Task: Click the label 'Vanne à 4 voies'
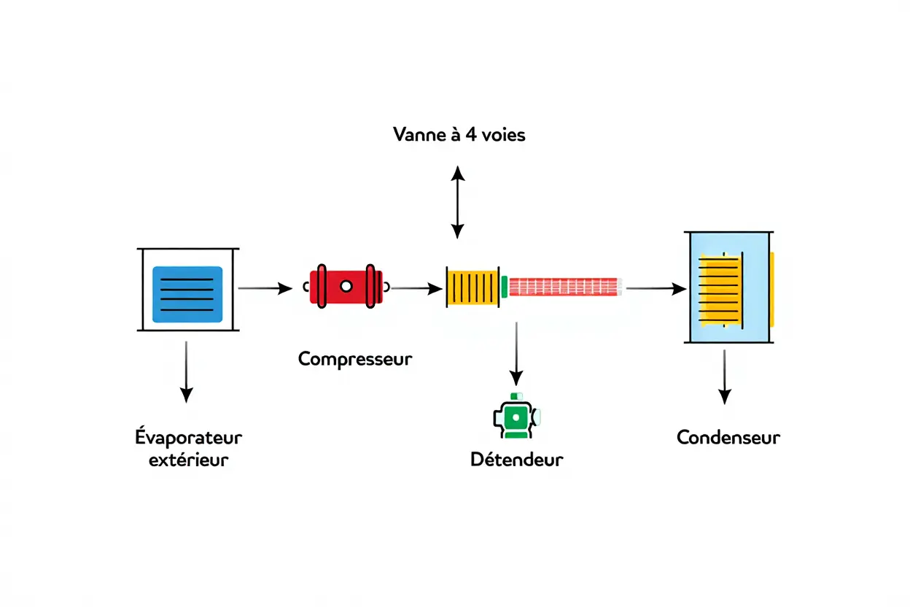pyautogui.click(x=459, y=135)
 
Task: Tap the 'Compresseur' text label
pyautogui.click(x=355, y=359)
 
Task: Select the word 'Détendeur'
pyautogui.click(x=516, y=460)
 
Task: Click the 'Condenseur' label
pyautogui.click(x=728, y=437)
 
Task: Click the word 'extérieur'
pyautogui.click(x=188, y=460)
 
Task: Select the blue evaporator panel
pyautogui.click(x=187, y=294)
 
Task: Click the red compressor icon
pyautogui.click(x=346, y=286)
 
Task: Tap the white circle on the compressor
pyautogui.click(x=346, y=286)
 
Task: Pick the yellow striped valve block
pyautogui.click(x=472, y=287)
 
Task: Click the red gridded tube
pyautogui.click(x=564, y=287)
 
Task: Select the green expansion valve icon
pyautogui.click(x=516, y=417)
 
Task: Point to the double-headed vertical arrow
pyautogui.click(x=457, y=202)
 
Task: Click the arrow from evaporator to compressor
pyautogui.click(x=265, y=288)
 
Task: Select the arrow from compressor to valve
pyautogui.click(x=416, y=288)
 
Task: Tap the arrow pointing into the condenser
pyautogui.click(x=656, y=289)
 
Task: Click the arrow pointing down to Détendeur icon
pyautogui.click(x=516, y=353)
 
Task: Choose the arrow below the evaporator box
pyautogui.click(x=187, y=371)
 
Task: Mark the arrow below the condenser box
pyautogui.click(x=724, y=376)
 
